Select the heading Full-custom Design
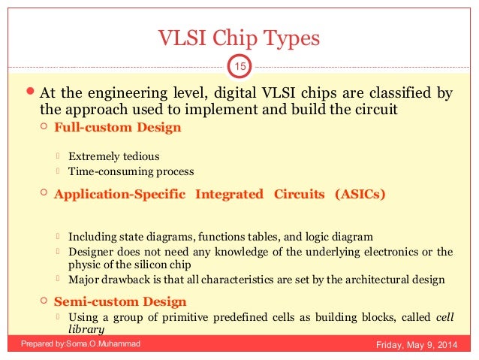(117, 127)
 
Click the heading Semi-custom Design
(120, 301)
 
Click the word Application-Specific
(120, 195)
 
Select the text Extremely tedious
(113, 157)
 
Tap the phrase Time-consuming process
(131, 171)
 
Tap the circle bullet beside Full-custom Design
(44, 127)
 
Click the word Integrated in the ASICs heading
(229, 195)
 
